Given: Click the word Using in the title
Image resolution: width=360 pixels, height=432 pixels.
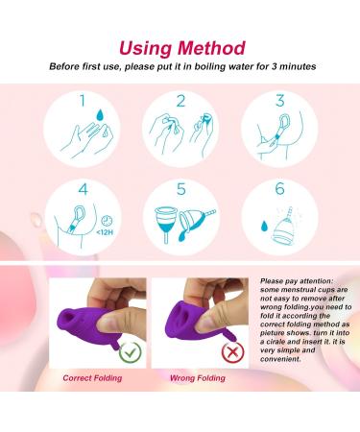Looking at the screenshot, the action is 146,49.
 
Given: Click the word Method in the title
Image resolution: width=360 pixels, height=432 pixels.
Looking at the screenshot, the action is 211,48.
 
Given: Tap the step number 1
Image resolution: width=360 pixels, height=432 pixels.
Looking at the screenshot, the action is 83,101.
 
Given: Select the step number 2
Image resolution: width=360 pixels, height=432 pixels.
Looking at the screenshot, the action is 181,101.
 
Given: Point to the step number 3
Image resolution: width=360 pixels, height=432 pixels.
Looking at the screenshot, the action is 280,101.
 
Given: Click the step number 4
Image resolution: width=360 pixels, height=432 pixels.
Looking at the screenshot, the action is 83,189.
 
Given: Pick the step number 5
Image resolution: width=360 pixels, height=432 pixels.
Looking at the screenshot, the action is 181,189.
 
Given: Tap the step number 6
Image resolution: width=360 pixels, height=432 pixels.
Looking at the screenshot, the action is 280,188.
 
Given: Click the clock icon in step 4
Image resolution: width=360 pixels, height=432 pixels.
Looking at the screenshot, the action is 108,221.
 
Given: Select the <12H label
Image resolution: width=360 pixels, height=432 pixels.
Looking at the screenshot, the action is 105,232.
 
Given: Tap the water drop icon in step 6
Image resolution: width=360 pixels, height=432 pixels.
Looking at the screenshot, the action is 264,226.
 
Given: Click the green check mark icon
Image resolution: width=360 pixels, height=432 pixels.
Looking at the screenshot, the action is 130,352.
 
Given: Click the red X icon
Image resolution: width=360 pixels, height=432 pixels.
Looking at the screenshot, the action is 232,352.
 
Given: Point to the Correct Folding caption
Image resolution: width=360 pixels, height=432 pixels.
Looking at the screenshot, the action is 92,378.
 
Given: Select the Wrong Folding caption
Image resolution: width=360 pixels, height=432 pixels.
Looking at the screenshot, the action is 198,378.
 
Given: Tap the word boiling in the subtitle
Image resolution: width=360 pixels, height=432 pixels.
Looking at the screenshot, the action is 210,67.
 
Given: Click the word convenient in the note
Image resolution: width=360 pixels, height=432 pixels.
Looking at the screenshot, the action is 280,359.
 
